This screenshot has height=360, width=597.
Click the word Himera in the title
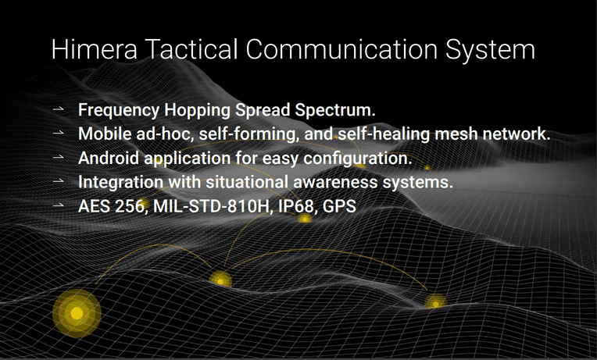click(x=94, y=49)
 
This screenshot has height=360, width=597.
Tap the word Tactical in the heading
click(x=191, y=49)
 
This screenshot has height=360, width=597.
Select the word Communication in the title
click(x=341, y=49)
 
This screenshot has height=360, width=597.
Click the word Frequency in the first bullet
click(x=119, y=110)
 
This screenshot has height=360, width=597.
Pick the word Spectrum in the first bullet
click(x=335, y=110)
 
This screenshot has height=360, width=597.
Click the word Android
click(x=108, y=158)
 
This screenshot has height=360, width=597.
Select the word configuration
click(x=358, y=159)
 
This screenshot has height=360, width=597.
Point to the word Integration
click(x=120, y=182)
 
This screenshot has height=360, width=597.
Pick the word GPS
click(x=339, y=206)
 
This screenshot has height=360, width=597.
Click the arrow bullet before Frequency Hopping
click(x=59, y=109)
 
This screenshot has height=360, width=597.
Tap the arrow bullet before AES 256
click(x=59, y=205)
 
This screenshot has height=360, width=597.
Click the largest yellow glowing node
click(x=77, y=313)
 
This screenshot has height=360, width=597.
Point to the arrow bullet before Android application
click(x=59, y=157)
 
